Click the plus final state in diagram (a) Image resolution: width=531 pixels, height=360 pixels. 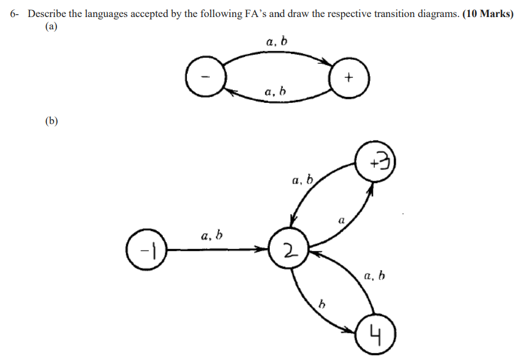[349, 77]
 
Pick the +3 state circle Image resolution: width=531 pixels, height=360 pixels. [375, 162]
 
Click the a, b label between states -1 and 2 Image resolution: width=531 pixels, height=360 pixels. [212, 236]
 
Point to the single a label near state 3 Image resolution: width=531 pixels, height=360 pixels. [341, 221]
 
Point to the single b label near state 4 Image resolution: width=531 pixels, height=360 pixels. [321, 304]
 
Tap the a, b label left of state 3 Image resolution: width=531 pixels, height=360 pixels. [303, 180]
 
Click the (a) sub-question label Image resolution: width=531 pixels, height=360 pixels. [52, 26]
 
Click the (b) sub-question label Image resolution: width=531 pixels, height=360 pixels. [52, 121]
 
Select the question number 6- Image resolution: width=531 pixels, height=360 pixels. [16, 14]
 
